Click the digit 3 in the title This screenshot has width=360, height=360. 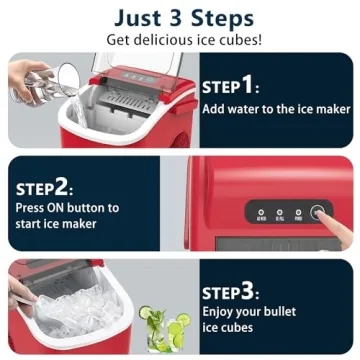(179, 18)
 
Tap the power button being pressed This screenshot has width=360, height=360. (318, 213)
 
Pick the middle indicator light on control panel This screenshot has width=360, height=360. (280, 212)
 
